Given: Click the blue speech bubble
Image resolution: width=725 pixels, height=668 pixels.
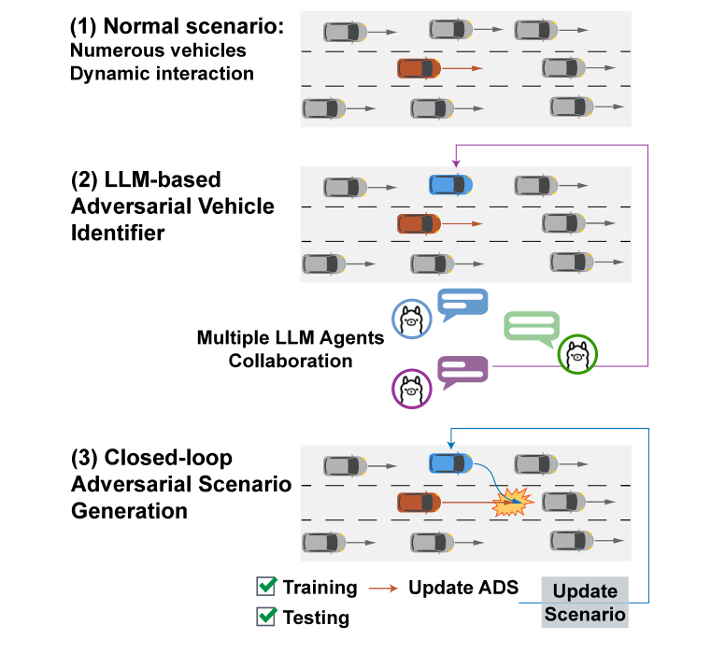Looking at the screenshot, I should [463, 303].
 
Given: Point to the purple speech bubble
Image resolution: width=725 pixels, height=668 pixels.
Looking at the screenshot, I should [463, 372].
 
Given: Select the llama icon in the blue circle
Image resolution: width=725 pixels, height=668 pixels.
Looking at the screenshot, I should [410, 320].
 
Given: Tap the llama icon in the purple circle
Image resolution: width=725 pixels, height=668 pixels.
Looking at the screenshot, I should [410, 389].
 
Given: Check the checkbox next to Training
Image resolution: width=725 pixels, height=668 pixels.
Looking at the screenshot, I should [266, 587].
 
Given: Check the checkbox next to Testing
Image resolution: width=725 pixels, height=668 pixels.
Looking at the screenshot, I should [266, 617].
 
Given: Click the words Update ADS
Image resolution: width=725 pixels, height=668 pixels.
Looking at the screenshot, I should [463, 588].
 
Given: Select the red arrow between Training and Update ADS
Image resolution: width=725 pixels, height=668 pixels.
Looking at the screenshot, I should [382, 589].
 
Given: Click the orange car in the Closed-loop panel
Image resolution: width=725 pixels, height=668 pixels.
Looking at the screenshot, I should [419, 503].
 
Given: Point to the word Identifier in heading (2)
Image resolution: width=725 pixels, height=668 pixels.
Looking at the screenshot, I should [118, 231].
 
